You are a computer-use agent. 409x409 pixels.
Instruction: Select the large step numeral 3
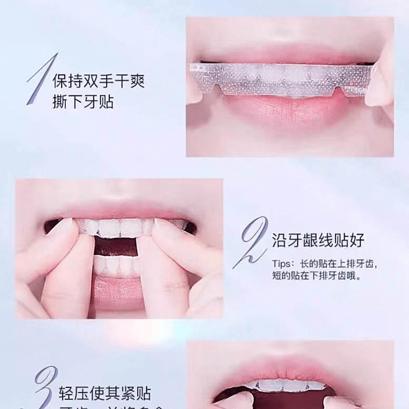pyautogui.click(x=45, y=387)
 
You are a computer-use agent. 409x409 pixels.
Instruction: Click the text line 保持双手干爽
pyautogui.click(x=98, y=81)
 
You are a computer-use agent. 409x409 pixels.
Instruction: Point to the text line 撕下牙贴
pyautogui.click(x=83, y=101)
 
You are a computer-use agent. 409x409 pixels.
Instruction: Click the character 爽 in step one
pyautogui.click(x=137, y=81)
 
